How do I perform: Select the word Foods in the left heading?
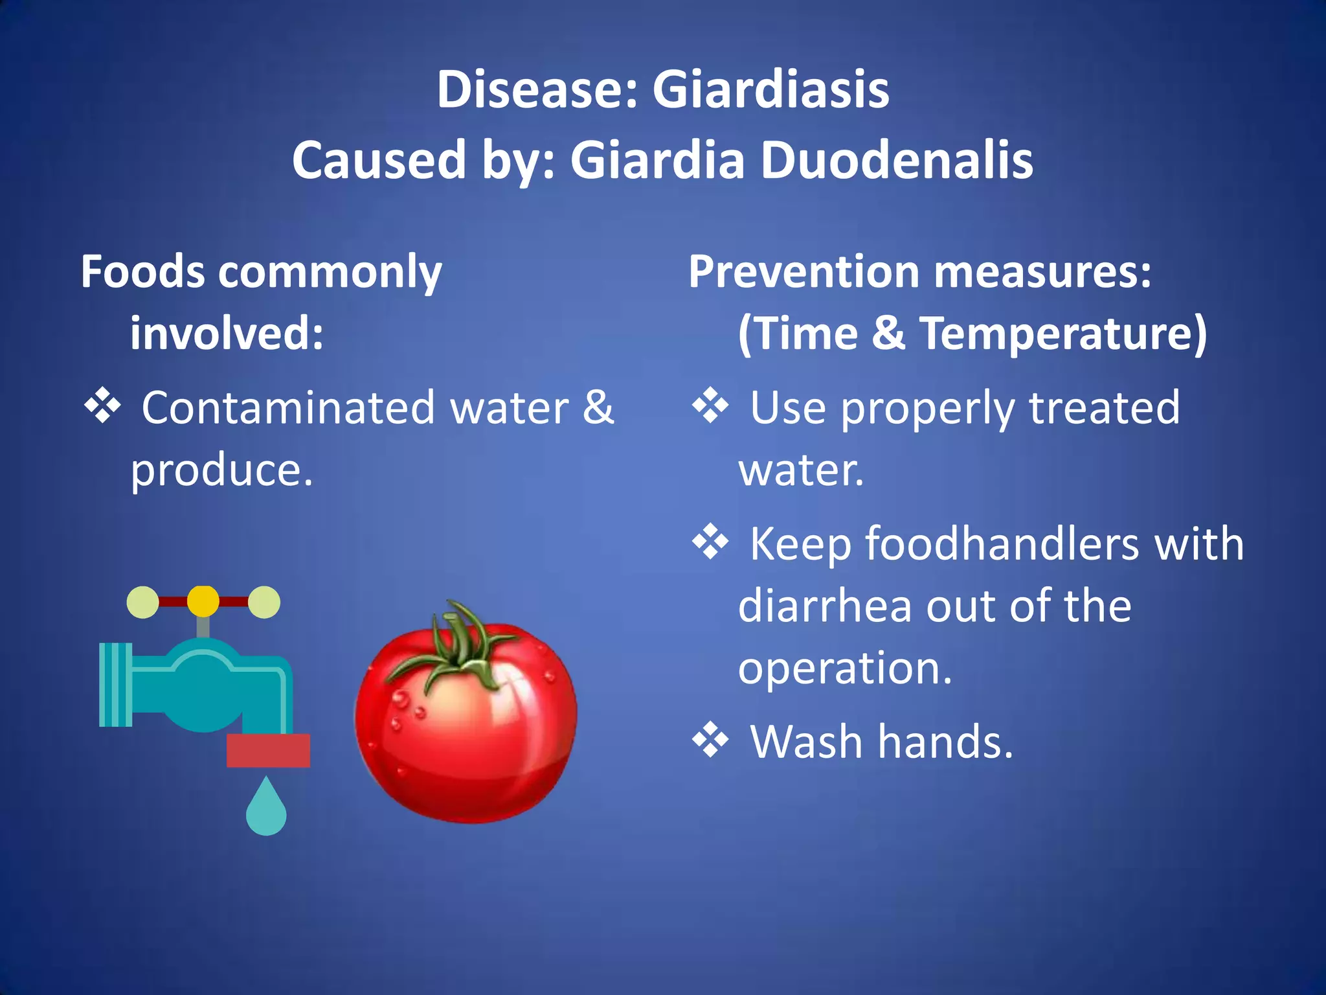point(142,271)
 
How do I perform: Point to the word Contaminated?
point(288,408)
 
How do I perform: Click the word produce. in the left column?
point(222,470)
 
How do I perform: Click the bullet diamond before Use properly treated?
point(710,406)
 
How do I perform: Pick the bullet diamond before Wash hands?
point(710,739)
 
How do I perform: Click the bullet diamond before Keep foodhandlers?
point(710,541)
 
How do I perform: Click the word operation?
point(845,668)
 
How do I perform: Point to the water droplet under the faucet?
point(266,810)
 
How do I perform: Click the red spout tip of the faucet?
point(268,750)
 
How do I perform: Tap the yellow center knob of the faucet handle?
point(203,601)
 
